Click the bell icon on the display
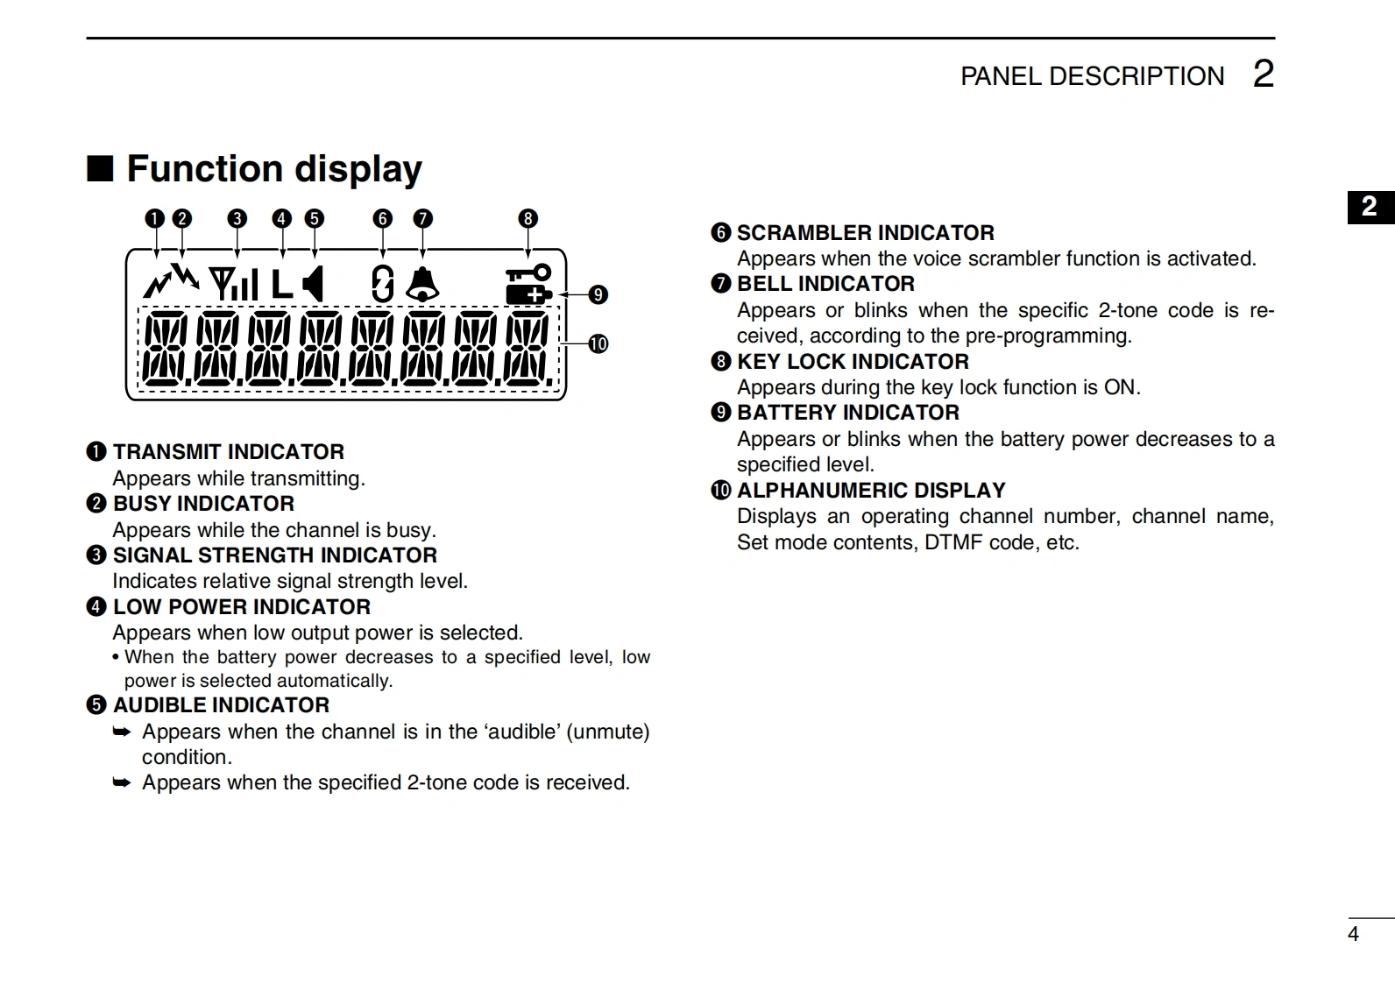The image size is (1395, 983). (422, 284)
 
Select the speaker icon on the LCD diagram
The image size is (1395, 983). (313, 284)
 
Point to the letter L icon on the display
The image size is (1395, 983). (280, 284)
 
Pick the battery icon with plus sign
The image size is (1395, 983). (528, 293)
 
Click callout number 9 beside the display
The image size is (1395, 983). (598, 294)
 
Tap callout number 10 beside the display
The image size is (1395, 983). (598, 343)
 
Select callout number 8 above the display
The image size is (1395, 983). (528, 218)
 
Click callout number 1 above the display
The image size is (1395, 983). (155, 218)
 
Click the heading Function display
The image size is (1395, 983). (274, 169)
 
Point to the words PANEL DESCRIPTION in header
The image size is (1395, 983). (1092, 76)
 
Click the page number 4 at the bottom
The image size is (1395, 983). (1353, 934)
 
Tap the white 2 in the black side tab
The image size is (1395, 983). (1370, 207)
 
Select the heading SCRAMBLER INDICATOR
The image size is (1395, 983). (865, 233)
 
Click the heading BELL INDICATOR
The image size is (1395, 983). (825, 284)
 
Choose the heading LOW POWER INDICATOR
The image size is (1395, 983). (242, 607)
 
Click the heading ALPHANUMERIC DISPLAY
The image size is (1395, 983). (871, 491)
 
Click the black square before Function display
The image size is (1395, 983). (100, 168)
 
